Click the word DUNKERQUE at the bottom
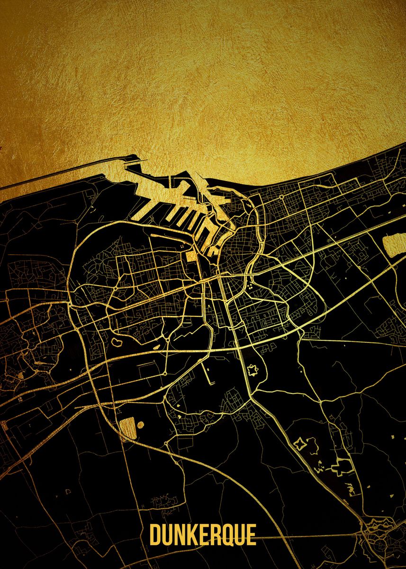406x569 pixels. (x=203, y=535)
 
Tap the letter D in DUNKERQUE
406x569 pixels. (x=155, y=535)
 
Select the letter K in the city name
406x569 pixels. (x=191, y=535)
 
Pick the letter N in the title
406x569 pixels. (x=179, y=535)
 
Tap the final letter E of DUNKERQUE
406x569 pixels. (x=251, y=535)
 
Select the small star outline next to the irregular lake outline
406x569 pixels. (x=299, y=444)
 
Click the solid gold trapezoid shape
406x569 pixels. (x=126, y=428)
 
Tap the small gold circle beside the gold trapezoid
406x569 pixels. (x=139, y=425)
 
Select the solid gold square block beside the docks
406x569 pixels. (x=190, y=256)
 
